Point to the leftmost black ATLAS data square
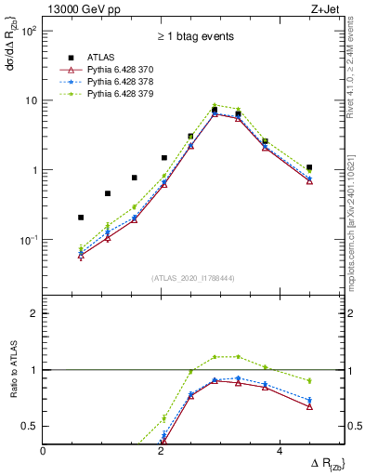[x=81, y=218]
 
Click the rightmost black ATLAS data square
[x=309, y=167]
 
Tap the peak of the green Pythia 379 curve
[x=215, y=105]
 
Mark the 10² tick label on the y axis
[x=29, y=31]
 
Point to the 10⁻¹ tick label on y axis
[x=29, y=240]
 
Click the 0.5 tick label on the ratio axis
[x=30, y=426]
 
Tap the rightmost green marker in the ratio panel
[x=309, y=380]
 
